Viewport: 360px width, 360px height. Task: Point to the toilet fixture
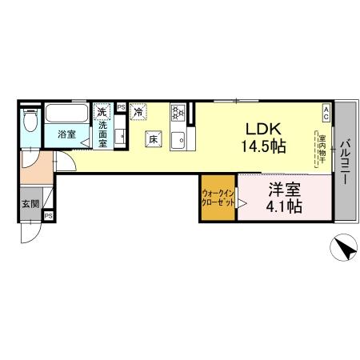pyautogui.click(x=30, y=122)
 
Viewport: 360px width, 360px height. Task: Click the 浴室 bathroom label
pyautogui.click(x=66, y=134)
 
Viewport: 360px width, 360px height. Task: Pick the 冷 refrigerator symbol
pyautogui.click(x=138, y=111)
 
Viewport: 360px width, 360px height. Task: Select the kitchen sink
pyautogui.click(x=182, y=142)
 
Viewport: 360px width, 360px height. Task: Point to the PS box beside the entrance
pyautogui.click(x=49, y=215)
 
